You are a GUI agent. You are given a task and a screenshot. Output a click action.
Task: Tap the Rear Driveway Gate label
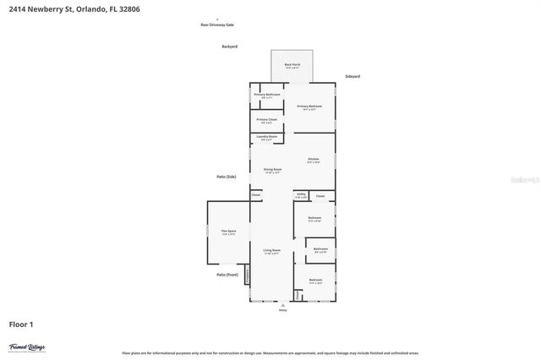(216, 25)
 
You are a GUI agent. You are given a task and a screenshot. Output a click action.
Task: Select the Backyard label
(229, 46)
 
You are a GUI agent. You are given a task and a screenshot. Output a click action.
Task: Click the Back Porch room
(292, 65)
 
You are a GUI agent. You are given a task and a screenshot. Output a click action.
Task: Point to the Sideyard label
(352, 77)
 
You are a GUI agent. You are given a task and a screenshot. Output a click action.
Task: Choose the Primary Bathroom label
(267, 95)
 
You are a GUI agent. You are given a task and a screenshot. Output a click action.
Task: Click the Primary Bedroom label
(309, 106)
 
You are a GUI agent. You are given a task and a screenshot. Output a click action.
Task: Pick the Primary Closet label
(267, 120)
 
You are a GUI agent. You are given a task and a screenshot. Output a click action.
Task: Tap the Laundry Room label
(267, 138)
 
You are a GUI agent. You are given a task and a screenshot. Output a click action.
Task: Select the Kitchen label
(313, 159)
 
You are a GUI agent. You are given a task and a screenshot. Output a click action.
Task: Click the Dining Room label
(271, 170)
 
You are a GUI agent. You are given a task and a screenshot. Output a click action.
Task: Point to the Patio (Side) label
(226, 176)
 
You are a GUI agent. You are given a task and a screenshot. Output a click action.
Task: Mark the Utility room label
(301, 194)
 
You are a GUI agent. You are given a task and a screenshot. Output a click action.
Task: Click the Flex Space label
(228, 232)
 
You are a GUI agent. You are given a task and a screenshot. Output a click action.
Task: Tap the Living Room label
(270, 251)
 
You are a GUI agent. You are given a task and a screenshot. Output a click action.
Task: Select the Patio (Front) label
(227, 275)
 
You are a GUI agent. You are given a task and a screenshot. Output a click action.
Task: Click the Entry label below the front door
(282, 309)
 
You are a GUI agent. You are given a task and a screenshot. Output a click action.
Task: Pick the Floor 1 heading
(21, 324)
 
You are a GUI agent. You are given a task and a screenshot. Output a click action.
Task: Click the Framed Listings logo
(27, 346)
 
